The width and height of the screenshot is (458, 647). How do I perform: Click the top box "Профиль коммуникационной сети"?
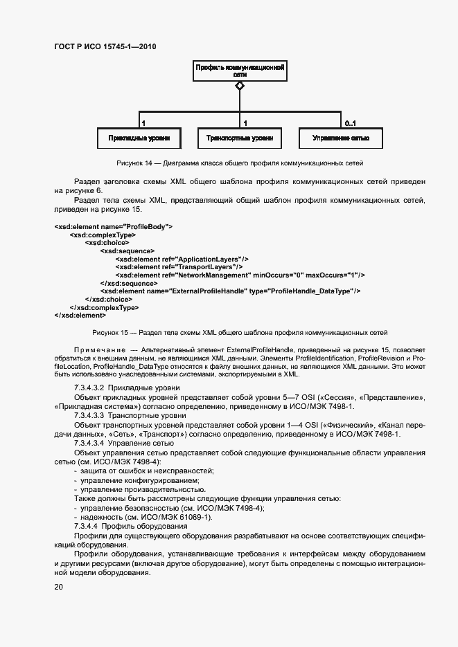click(240, 71)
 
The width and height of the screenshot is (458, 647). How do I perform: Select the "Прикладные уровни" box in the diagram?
click(139, 138)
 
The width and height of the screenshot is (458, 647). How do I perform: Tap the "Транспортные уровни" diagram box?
click(240, 138)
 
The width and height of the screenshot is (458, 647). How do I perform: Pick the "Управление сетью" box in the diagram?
click(340, 138)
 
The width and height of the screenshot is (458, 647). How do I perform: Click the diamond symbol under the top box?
click(240, 86)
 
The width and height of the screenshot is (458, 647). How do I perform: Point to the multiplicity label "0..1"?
click(350, 123)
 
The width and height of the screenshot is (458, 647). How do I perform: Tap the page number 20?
click(59, 587)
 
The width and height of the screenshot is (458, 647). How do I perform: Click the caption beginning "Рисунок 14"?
click(240, 163)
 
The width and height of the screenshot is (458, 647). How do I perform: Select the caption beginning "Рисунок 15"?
click(240, 333)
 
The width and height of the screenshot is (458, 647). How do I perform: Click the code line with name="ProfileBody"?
click(113, 226)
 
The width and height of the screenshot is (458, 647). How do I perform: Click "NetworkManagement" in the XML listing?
click(212, 275)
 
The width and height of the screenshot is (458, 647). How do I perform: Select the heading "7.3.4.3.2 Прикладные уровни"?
click(127, 388)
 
